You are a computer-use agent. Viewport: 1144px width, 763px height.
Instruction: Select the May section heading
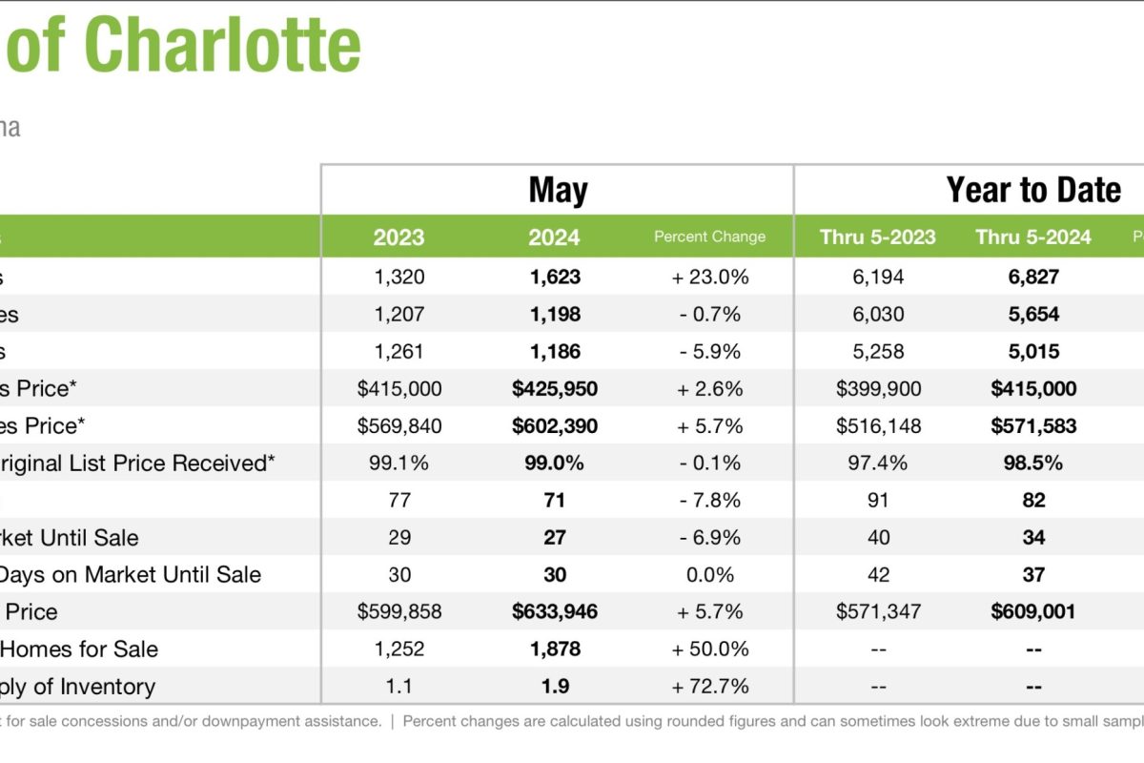coord(558,190)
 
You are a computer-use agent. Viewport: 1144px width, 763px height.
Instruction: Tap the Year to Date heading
coord(1032,190)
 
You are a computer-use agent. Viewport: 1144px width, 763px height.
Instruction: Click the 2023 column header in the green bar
coord(398,237)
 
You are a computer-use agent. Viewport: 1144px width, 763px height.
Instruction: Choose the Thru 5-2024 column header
coord(1032,237)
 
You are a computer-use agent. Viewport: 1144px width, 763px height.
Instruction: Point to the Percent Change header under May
coord(709,237)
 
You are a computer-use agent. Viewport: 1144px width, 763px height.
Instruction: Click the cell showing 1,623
coord(554,278)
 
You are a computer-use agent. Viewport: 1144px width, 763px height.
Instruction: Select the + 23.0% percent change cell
coord(709,278)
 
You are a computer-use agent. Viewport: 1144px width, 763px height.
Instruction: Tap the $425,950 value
coord(554,389)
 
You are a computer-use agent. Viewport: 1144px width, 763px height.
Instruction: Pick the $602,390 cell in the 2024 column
coord(554,426)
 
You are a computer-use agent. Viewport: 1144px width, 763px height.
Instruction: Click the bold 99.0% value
coord(554,464)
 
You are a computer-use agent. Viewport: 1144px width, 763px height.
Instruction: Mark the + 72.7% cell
coord(709,687)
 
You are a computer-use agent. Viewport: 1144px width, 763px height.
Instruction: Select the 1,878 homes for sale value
coord(554,650)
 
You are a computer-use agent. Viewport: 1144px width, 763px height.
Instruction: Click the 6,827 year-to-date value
coord(1032,278)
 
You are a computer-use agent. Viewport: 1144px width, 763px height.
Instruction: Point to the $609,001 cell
coord(1032,612)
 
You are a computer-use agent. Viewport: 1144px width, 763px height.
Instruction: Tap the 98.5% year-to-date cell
coord(1032,464)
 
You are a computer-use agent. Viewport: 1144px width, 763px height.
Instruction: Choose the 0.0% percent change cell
coord(709,575)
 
